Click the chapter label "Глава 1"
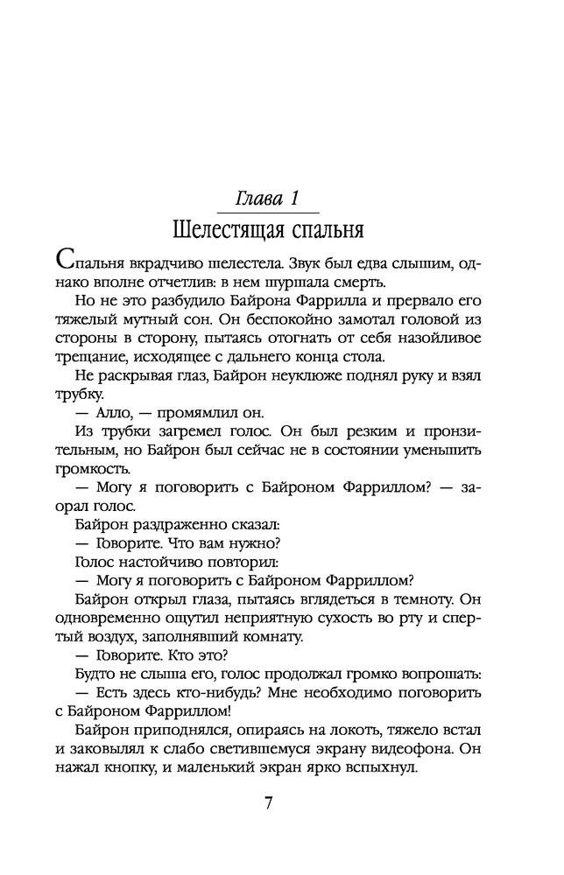(x=271, y=199)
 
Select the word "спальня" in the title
(x=325, y=231)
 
